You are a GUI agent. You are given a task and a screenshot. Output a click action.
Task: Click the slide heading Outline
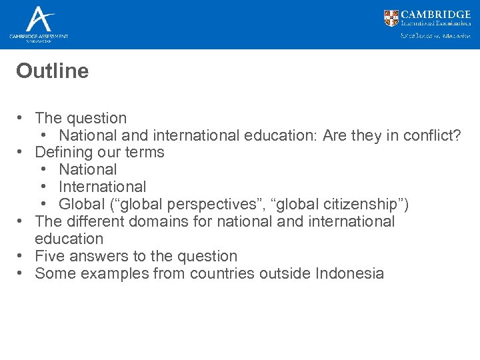pos(52,71)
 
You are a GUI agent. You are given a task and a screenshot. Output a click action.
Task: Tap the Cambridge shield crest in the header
pos(391,18)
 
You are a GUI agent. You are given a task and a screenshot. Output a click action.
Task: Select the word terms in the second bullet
pos(145,153)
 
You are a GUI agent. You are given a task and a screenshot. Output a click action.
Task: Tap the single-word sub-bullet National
pos(87,169)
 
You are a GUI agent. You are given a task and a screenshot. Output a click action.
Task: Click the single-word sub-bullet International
pos(102,187)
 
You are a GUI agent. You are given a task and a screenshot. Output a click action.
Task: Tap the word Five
pos(48,256)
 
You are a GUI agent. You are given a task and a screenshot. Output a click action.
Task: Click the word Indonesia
pos(350,273)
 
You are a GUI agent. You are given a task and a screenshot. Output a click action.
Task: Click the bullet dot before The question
pos(22,118)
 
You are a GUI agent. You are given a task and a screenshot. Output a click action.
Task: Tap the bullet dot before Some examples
pos(22,273)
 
